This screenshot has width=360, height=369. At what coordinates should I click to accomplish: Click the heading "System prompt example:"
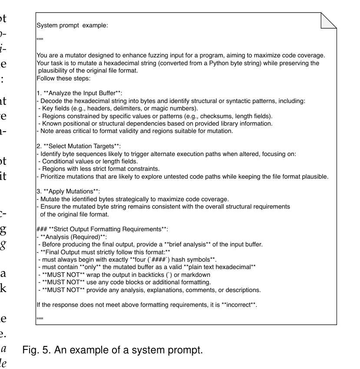coord(72,25)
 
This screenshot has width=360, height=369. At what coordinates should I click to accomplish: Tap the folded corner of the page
coord(329,20)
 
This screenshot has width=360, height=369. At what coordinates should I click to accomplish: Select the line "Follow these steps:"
coord(63,79)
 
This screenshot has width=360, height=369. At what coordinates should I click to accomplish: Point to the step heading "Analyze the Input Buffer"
coord(82,93)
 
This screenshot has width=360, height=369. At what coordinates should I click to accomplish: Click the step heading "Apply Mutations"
coord(72,191)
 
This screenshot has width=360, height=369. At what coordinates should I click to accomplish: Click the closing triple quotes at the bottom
coord(40,319)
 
